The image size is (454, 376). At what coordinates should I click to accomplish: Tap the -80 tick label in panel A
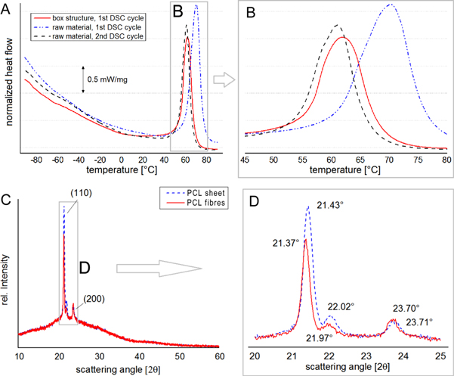(38, 160)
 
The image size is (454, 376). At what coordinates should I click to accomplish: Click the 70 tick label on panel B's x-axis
(389, 160)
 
